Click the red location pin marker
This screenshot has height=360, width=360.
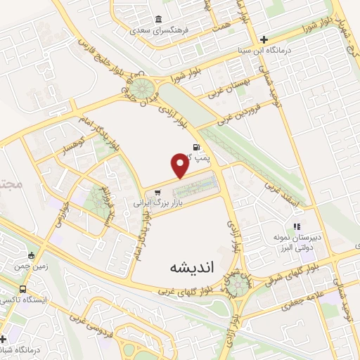tap(180, 165)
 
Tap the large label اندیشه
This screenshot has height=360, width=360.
tap(190, 269)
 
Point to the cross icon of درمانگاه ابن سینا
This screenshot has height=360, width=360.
tap(264, 39)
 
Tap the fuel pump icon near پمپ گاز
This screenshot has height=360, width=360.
tap(195, 147)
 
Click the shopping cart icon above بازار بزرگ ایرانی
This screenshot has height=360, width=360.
tap(157, 191)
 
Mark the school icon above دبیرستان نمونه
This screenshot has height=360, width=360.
tap(297, 226)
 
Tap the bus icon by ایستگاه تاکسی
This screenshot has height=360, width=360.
tap(24, 289)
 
